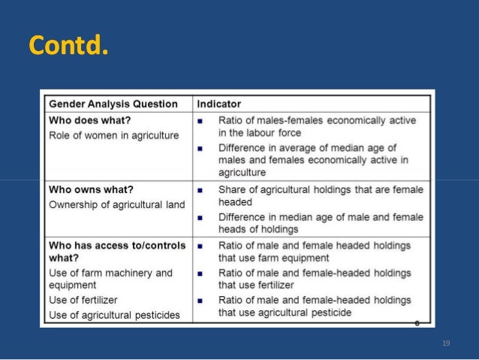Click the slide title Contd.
coord(68,46)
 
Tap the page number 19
coord(446,343)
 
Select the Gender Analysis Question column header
coord(114,104)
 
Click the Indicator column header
coord(219,104)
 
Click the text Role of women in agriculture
coord(114,135)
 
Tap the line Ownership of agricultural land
coord(116,204)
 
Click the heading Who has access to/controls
coord(117,245)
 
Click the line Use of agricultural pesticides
coord(114,315)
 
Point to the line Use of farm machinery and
coord(110,273)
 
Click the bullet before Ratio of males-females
coord(202,121)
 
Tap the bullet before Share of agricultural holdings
coord(202,190)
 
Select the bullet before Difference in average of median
coord(202,148)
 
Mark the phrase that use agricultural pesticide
coord(285,313)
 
